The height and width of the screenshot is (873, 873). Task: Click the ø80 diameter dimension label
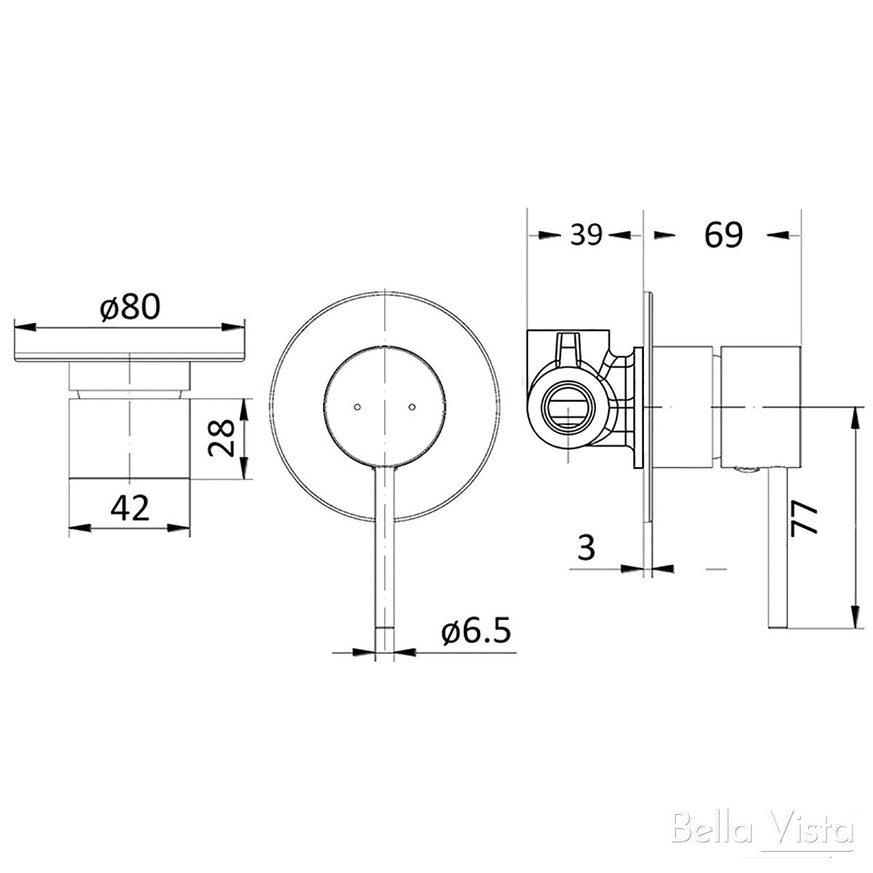pos(131,308)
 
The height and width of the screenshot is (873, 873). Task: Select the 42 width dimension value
pos(130,506)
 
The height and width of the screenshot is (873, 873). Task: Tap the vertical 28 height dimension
pos(220,437)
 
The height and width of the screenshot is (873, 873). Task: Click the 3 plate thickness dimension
pos(586,546)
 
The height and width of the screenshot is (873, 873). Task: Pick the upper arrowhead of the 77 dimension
pos(852,415)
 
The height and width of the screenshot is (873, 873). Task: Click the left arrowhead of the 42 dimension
pos(76,527)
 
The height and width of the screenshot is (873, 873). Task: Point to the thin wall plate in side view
pos(649,407)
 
